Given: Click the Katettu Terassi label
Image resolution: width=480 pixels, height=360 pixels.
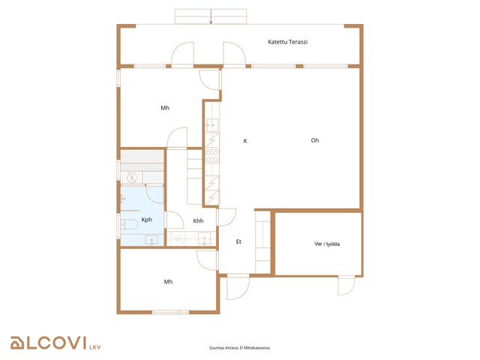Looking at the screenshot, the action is coord(287,42).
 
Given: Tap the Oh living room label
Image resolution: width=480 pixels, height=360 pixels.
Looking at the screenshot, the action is coord(315,140).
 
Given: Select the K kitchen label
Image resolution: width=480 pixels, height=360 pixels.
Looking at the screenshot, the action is coord(245,141).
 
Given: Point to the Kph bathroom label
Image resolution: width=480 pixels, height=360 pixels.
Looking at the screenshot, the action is coord(147,220).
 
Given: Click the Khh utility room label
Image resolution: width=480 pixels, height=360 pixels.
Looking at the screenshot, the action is coord(198,221).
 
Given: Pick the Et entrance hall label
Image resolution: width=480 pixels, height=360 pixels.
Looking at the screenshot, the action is coord(238,241).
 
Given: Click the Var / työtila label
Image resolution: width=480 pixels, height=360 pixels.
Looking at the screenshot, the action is coord(327,244).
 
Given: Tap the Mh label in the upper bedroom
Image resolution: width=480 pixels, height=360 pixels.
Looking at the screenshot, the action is coord(165,108).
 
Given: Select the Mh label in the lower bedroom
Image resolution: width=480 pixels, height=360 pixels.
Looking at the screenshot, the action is coord(168,282).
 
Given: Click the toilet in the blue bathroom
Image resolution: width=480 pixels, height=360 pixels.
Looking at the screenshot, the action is coord(129,224).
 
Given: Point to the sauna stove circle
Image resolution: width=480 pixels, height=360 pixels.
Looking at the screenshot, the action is coord(132,177).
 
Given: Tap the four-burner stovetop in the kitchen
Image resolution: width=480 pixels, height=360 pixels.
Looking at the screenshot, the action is coord(211,156).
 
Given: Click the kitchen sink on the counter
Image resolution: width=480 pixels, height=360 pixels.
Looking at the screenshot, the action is coord(211,125).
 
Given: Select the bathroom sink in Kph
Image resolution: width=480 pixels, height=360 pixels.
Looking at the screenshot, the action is coord(151,240).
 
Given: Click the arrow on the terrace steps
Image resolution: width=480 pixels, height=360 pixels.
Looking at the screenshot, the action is coord(211,16).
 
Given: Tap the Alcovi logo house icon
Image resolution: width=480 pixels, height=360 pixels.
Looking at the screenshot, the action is coord(17,343).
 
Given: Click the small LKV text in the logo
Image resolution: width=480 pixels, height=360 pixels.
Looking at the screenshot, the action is coord(95,347).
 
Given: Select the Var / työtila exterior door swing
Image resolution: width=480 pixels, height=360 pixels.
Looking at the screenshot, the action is coord(346,286).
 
